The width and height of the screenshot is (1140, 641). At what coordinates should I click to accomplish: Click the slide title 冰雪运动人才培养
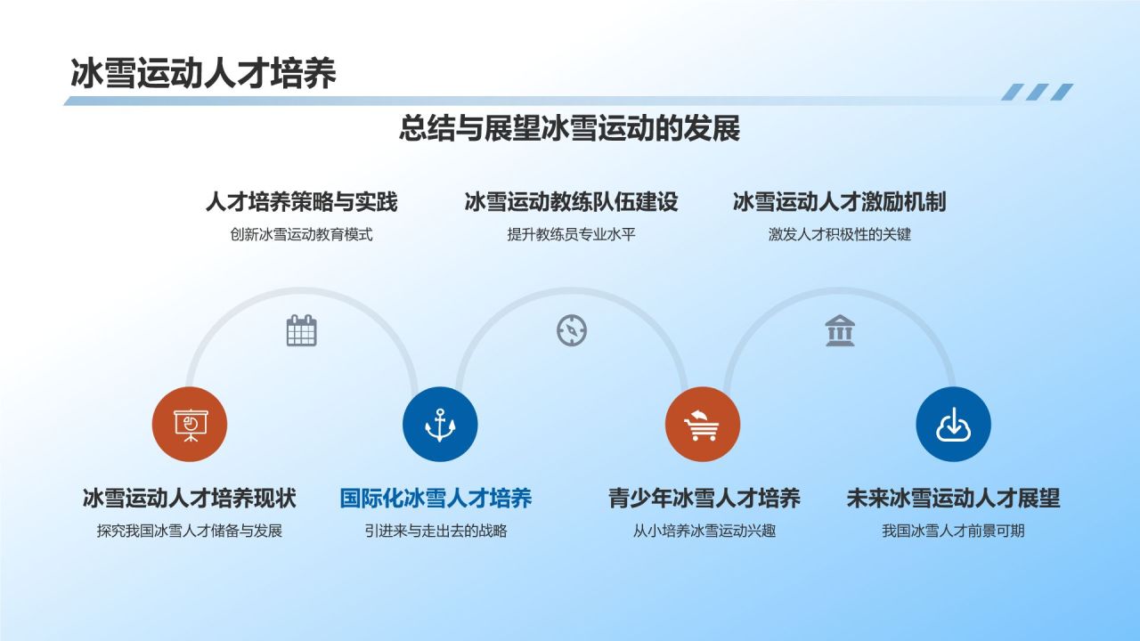click(203, 74)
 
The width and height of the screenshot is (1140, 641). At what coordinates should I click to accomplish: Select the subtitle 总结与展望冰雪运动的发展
click(569, 129)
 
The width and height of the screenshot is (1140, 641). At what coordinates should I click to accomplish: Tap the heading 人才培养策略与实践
click(301, 202)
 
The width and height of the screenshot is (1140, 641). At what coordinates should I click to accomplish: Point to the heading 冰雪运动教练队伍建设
click(571, 202)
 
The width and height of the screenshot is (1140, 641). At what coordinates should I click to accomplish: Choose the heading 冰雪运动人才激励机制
click(839, 202)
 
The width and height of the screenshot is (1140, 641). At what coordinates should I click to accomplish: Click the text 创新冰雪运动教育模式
click(301, 235)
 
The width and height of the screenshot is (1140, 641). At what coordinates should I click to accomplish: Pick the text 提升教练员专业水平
click(571, 235)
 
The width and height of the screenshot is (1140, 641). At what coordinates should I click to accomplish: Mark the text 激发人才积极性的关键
click(839, 235)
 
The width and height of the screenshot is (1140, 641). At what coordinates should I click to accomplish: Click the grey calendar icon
click(302, 330)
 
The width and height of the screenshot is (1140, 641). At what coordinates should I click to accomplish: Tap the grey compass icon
click(572, 330)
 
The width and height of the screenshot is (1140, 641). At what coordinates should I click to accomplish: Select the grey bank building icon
click(840, 330)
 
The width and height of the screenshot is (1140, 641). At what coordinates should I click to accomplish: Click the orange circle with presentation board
click(190, 425)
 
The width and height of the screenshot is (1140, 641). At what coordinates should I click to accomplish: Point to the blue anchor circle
click(440, 425)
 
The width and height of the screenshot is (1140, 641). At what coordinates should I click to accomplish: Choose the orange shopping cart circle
click(703, 425)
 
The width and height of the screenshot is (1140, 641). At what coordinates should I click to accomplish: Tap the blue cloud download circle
click(953, 425)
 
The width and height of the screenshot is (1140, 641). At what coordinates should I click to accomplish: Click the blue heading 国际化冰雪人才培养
click(436, 498)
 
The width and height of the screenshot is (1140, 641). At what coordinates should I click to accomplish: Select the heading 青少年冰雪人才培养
click(704, 498)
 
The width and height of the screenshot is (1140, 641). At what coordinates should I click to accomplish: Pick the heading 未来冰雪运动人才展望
click(953, 498)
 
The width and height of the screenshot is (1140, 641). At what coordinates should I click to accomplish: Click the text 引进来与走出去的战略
click(436, 531)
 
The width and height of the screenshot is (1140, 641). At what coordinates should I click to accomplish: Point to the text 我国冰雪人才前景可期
click(953, 531)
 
